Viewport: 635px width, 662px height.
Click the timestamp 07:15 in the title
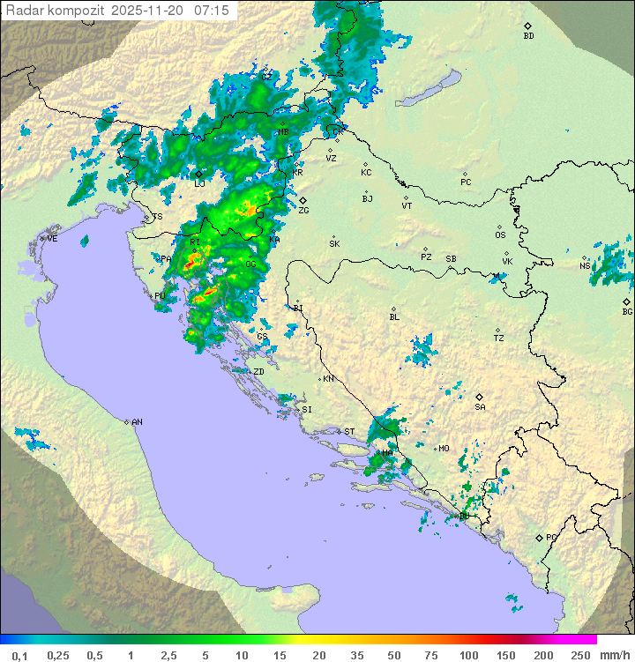pyautogui.click(x=211, y=11)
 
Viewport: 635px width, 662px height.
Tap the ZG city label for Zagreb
pyautogui.click(x=303, y=211)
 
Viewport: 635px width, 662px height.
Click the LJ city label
pyautogui.click(x=199, y=183)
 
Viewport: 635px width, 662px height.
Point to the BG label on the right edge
pyautogui.click(x=627, y=311)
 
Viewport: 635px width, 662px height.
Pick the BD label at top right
pyautogui.click(x=528, y=36)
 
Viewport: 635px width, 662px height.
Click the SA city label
pyautogui.click(x=480, y=406)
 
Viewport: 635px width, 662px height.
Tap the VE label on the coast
pyautogui.click(x=52, y=239)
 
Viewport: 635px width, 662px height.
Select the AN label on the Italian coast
pyautogui.click(x=137, y=422)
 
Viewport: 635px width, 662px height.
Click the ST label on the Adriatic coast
pyautogui.click(x=349, y=431)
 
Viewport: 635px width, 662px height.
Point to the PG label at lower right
pyautogui.click(x=551, y=537)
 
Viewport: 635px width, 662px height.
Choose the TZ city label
pyautogui.click(x=498, y=338)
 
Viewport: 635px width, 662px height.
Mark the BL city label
pyautogui.click(x=394, y=316)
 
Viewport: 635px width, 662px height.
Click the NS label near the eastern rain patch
pyautogui.click(x=585, y=265)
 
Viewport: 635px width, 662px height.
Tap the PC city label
pyautogui.click(x=466, y=182)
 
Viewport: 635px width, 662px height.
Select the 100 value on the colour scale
pyautogui.click(x=468, y=655)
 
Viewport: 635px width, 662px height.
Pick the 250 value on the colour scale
pyautogui.click(x=579, y=655)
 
